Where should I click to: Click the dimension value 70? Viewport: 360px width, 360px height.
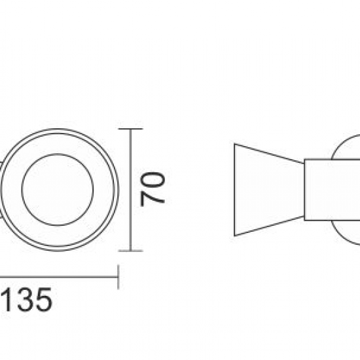[153, 190]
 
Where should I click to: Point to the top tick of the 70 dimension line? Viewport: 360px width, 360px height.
[131, 130]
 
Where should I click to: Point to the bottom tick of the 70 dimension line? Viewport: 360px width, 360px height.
[131, 250]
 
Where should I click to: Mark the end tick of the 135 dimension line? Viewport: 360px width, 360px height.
[117, 275]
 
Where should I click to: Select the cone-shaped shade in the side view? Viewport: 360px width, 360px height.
[265, 190]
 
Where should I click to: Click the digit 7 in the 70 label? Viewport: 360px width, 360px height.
[153, 198]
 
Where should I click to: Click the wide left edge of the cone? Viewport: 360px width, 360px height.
[234, 190]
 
